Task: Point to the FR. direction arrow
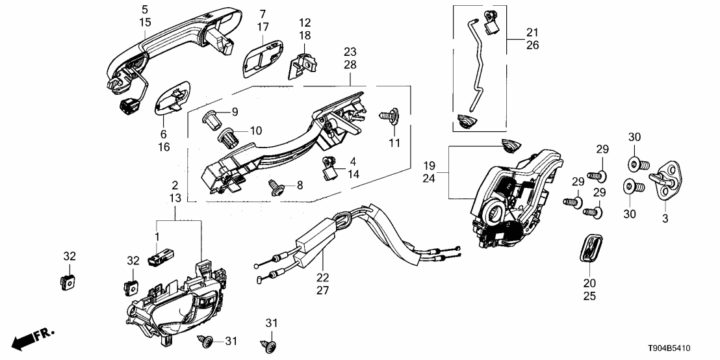click(x=33, y=339)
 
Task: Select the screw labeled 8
click(x=276, y=188)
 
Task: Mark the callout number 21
click(x=532, y=32)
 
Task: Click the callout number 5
click(x=144, y=10)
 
